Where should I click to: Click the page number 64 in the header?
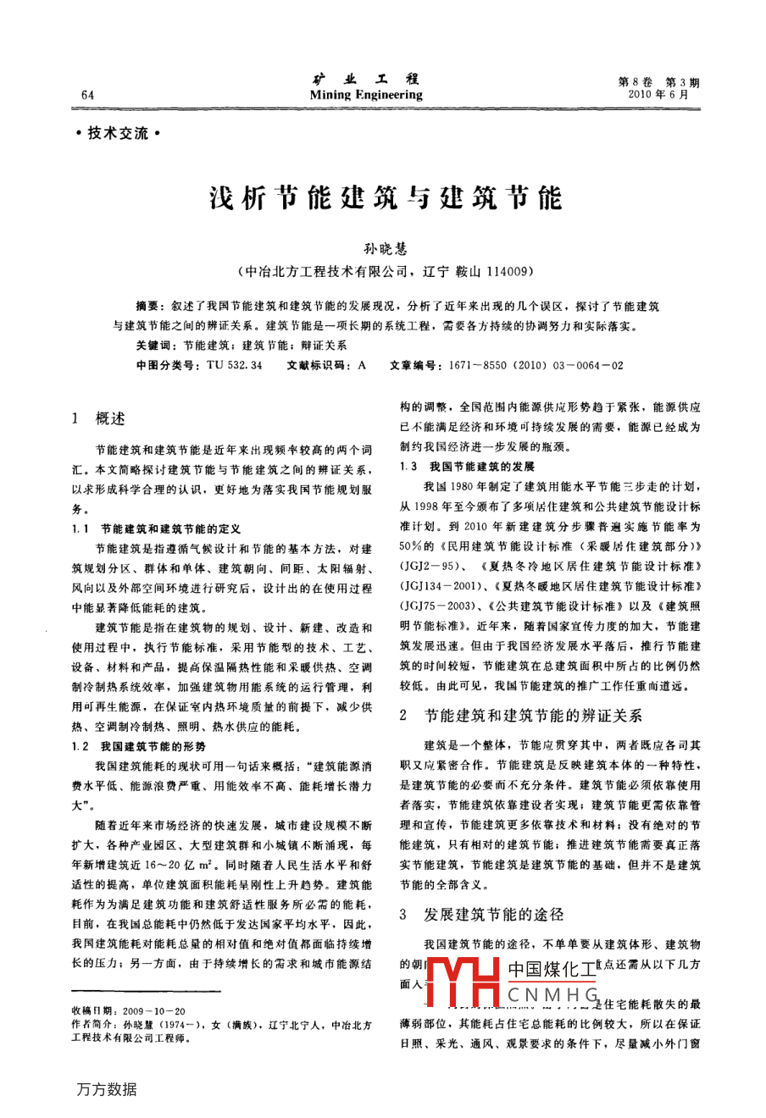[x=87, y=95]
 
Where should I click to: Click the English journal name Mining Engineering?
[x=366, y=95]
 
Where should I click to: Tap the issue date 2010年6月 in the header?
[x=658, y=95]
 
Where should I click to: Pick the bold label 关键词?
[x=156, y=346]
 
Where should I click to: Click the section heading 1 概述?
[x=99, y=418]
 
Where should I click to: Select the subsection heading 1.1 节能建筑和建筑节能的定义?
[x=158, y=529]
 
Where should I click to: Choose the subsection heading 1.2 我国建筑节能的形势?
[x=140, y=746]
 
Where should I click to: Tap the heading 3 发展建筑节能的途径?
[x=480, y=915]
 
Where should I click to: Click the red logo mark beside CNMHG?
[x=462, y=983]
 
